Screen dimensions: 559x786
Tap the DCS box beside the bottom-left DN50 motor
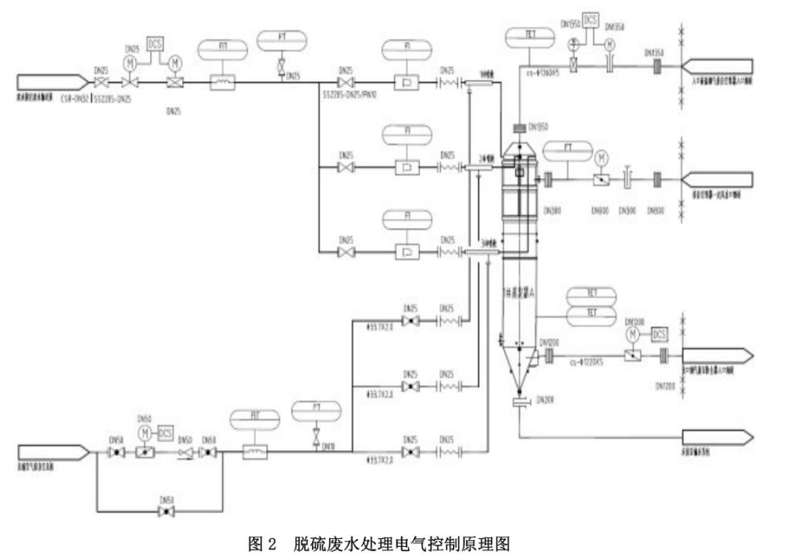[x=166, y=433]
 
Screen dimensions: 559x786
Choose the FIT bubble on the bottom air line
[x=253, y=419]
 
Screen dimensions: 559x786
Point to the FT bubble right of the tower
[x=568, y=150]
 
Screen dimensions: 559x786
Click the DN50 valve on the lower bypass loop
[x=166, y=511]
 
